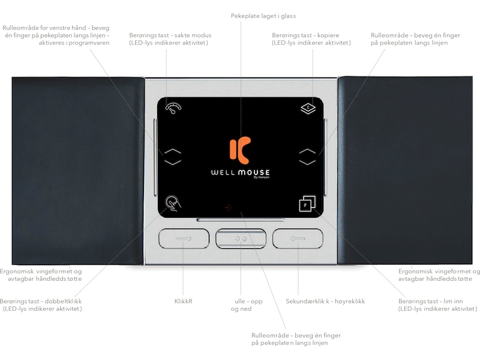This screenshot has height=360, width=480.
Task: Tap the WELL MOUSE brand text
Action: click(241, 172)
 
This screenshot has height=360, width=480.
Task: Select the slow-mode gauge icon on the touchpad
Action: click(173, 108)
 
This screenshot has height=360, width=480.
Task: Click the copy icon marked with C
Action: click(308, 109)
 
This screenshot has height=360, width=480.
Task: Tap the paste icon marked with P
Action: click(307, 204)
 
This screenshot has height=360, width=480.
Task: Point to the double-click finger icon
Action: click(173, 203)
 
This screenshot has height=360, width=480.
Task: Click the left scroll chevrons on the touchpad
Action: click(173, 157)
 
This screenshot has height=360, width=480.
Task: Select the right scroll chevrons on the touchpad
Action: click(307, 157)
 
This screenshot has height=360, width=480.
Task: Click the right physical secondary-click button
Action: click(298, 238)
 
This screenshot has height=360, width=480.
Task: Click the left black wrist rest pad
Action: click(78, 171)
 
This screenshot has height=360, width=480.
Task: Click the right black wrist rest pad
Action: click(405, 170)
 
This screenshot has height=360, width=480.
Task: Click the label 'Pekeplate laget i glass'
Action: click(263, 16)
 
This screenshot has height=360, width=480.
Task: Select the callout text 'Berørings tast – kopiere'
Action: click(305, 35)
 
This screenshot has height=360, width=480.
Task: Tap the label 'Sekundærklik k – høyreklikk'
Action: click(325, 301)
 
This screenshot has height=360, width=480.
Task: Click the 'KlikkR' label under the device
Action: click(184, 301)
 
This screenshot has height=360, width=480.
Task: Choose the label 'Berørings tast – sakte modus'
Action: click(170, 35)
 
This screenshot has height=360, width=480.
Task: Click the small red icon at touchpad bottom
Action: click(228, 208)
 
